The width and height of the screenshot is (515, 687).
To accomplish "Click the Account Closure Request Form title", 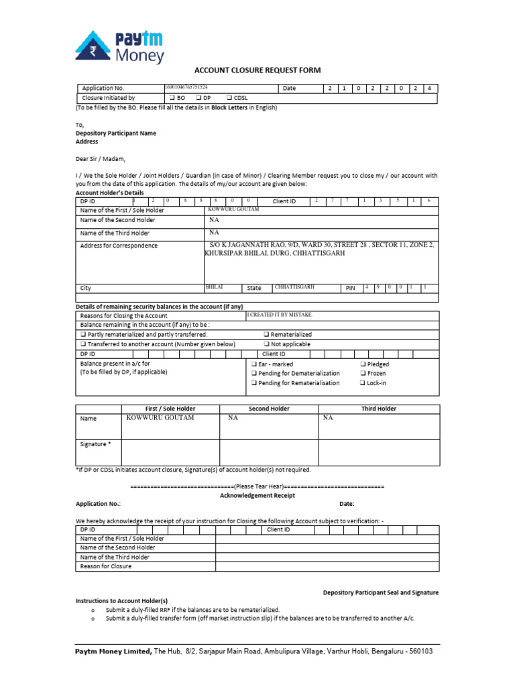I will tap(257, 70).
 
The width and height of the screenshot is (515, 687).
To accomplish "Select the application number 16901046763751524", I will tap(186, 87).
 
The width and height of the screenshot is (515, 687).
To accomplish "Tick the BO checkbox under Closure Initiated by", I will tap(172, 98).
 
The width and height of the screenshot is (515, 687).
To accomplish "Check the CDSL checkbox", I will tap(230, 98).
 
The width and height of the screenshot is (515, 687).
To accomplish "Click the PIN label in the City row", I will tap(350, 288).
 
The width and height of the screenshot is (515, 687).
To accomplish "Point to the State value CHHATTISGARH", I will tap(294, 287).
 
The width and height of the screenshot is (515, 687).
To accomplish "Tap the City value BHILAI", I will tap(214, 287).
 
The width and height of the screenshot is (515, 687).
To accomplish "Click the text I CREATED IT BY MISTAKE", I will tap(280, 315).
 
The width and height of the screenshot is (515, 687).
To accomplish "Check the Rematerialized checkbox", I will tap(266, 334).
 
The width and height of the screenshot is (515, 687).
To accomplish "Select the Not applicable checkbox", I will tap(266, 344).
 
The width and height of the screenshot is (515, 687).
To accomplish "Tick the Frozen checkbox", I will tap(363, 374).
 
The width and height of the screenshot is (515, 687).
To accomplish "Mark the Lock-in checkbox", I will tap(363, 383).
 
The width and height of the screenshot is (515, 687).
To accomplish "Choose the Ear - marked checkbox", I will tap(254, 364).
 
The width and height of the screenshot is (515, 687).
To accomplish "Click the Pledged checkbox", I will tap(363, 364).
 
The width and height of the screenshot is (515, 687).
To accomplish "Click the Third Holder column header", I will tap(379, 409).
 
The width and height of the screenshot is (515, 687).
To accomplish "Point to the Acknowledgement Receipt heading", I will tap(257, 495).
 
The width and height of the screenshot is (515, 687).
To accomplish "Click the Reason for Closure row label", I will tap(105, 566).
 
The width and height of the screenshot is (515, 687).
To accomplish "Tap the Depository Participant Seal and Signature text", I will tap(380, 592).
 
